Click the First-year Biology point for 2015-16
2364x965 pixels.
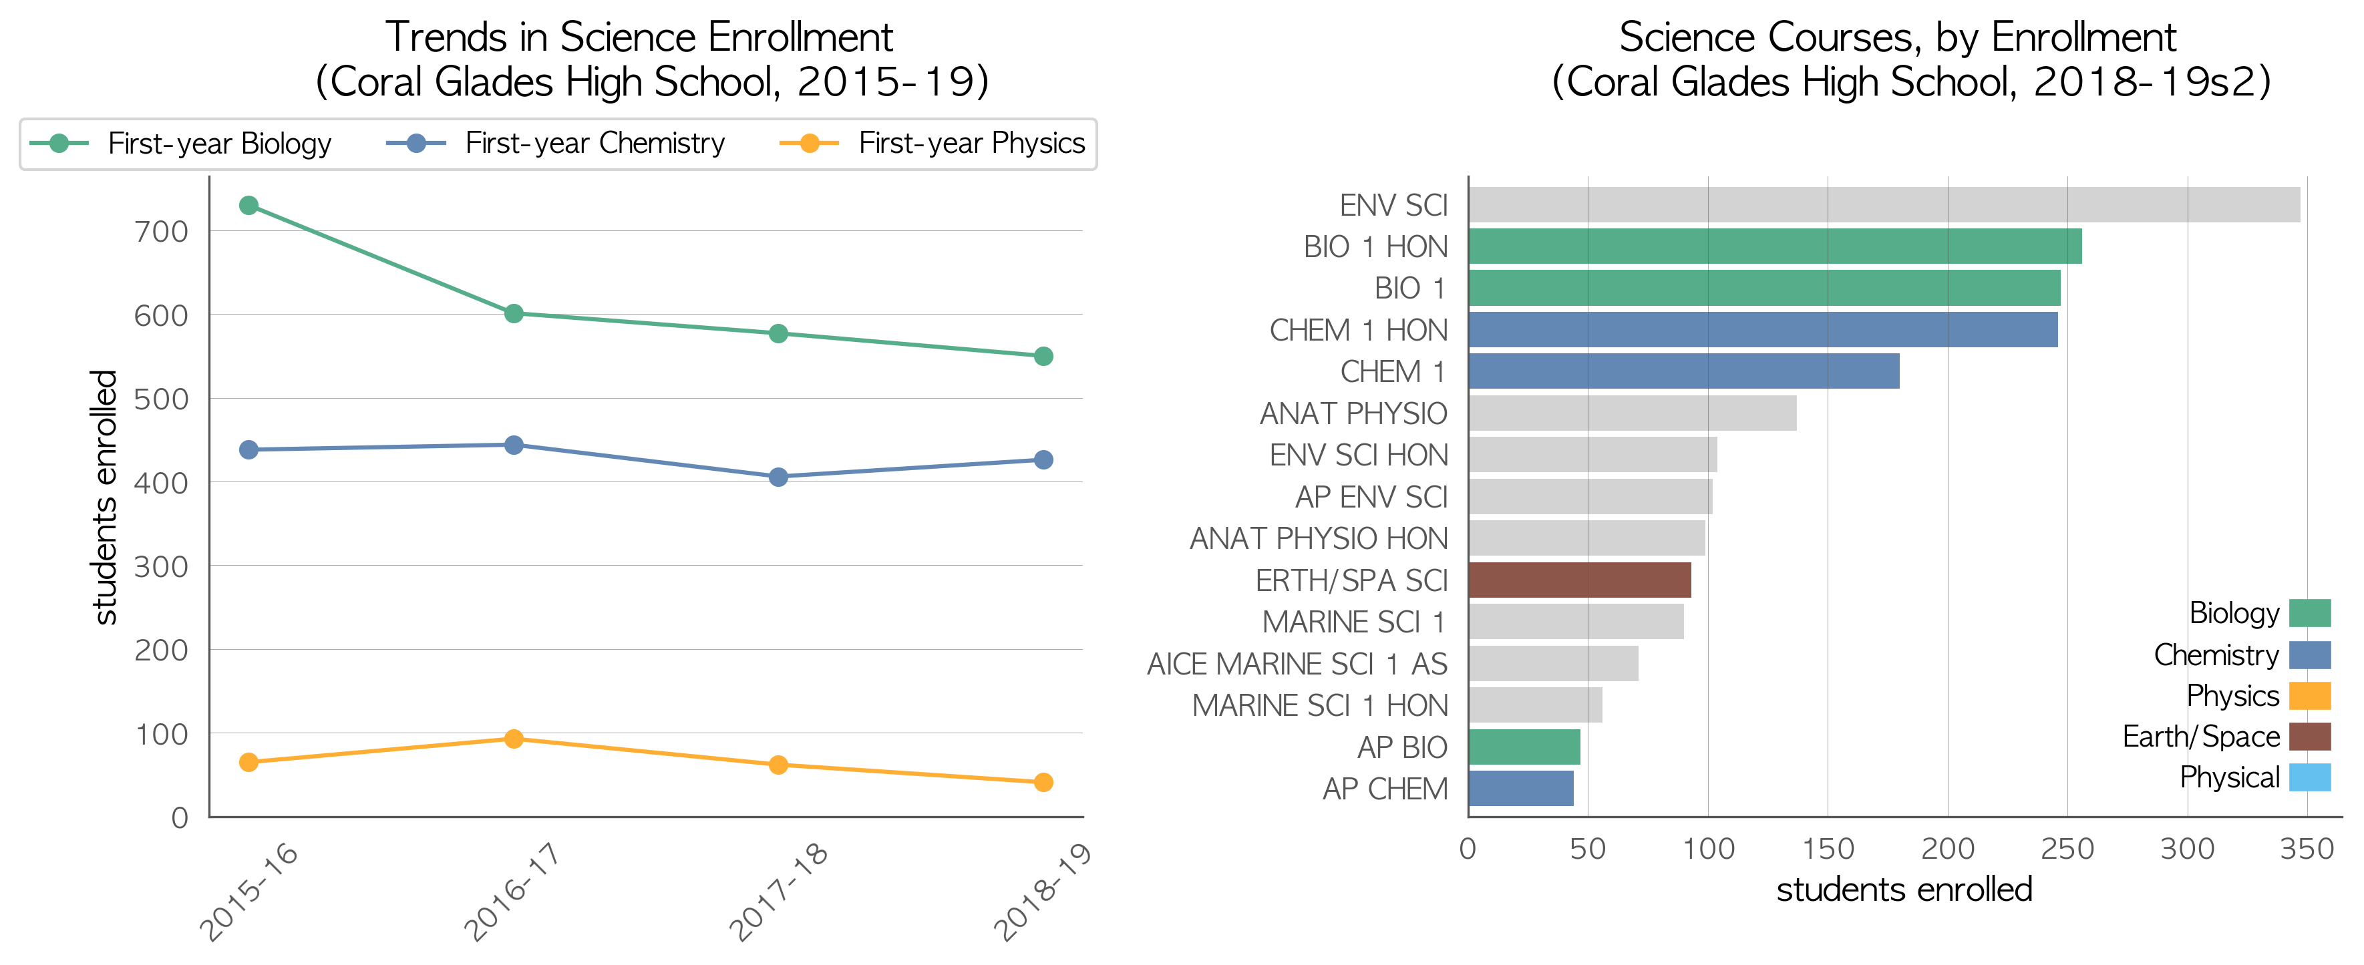pyautogui.click(x=248, y=206)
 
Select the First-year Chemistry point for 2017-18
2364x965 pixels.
pyautogui.click(x=778, y=477)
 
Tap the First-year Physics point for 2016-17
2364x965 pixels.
pyautogui.click(x=514, y=739)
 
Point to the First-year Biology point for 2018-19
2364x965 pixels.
pyautogui.click(x=1043, y=357)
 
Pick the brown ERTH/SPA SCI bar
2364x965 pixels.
pyautogui.click(x=1579, y=580)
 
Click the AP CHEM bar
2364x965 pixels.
pyautogui.click(x=1520, y=789)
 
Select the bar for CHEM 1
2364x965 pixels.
pyautogui.click(x=1684, y=371)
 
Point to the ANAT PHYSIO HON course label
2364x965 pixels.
pyautogui.click(x=1319, y=538)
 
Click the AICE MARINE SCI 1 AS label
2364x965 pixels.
pyautogui.click(x=1297, y=664)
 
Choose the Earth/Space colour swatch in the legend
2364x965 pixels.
pyautogui.click(x=2310, y=737)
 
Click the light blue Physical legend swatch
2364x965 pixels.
pyautogui.click(x=2310, y=778)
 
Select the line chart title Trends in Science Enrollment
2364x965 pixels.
pyautogui.click(x=639, y=37)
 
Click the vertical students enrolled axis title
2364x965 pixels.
pyautogui.click(x=105, y=497)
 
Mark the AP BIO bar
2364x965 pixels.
pyautogui.click(x=1524, y=747)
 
